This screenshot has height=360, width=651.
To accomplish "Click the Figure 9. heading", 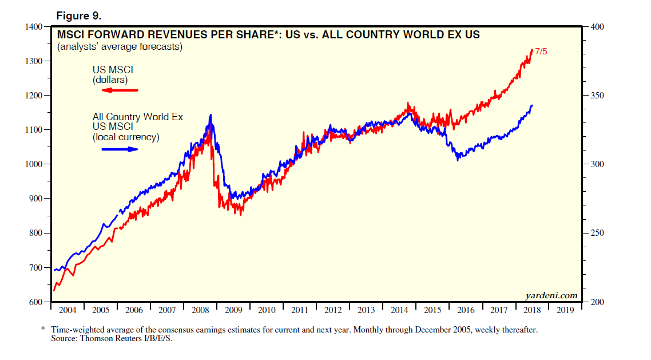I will point(78,14).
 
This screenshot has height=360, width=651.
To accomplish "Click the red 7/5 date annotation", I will point(541,52).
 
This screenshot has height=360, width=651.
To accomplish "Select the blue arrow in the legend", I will point(120,149).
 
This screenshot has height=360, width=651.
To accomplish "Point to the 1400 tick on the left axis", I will point(34,27).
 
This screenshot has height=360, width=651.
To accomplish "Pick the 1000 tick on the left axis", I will point(34,164).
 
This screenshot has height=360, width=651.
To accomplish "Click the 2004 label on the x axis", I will point(68,310).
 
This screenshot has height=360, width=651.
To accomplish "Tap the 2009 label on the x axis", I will point(233,310).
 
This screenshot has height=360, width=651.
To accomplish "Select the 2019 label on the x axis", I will point(565,310).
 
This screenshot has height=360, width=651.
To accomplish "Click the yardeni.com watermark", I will point(551,295).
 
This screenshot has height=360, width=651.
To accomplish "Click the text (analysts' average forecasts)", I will point(119,47).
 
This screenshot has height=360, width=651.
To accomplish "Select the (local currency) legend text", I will point(126,137).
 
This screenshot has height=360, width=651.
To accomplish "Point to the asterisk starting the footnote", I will point(42,330).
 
